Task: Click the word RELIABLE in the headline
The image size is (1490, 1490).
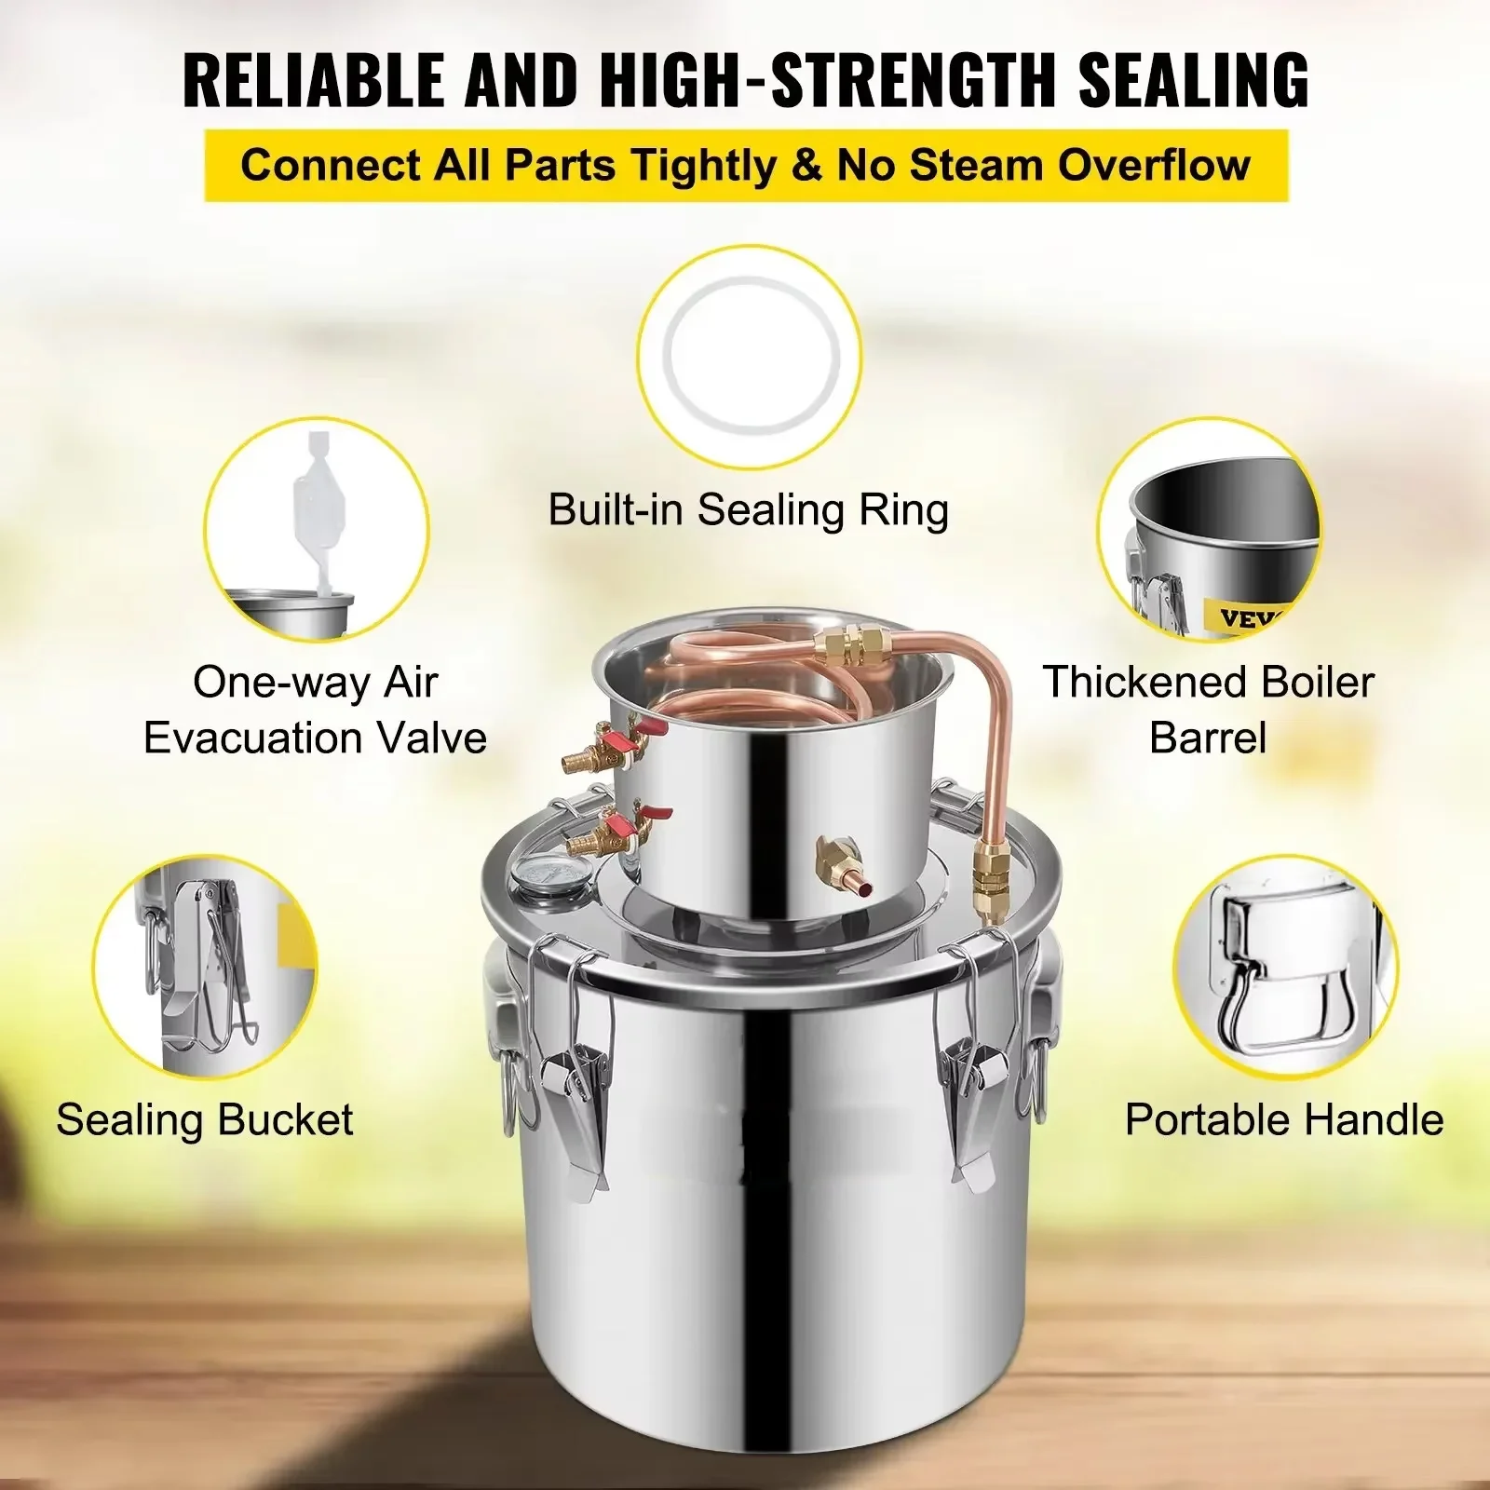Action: coord(315,80)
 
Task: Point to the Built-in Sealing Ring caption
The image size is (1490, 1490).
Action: coord(748,510)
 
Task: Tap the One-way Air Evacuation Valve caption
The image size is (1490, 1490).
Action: coord(315,710)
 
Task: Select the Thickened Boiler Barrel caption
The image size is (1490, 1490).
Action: coord(1208,710)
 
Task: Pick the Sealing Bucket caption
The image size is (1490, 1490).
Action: coord(205,1119)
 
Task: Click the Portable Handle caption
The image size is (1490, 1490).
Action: coord(1284,1119)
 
